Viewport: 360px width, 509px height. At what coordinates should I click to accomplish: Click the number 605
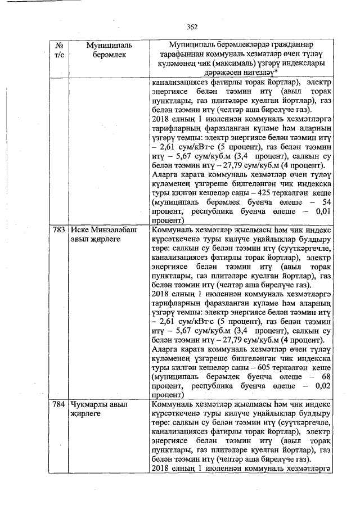[257, 367]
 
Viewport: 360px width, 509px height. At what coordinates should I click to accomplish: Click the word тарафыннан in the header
[182, 54]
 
